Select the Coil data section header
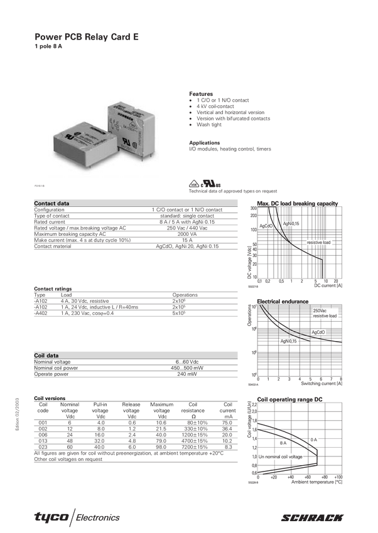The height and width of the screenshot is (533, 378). click(x=46, y=356)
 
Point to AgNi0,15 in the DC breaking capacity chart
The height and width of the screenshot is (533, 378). click(x=291, y=223)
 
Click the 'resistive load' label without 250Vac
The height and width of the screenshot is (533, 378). click(x=318, y=242)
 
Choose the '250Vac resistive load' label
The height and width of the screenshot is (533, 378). click(x=325, y=314)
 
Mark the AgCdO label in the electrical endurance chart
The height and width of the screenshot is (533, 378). click(x=318, y=332)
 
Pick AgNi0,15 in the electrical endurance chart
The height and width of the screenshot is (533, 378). click(x=288, y=340)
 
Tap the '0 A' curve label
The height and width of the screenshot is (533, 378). click(x=314, y=440)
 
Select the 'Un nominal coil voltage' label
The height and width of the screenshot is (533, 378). click(x=281, y=456)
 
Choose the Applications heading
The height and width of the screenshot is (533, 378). click(x=203, y=142)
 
